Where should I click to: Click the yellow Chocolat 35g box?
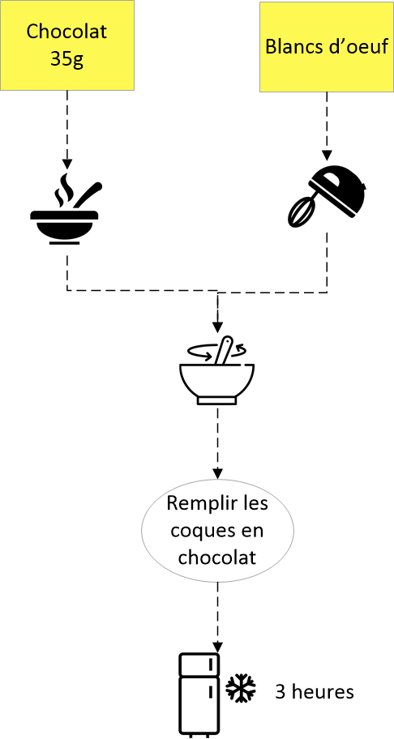pos(67,45)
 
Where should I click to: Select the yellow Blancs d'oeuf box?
pos(327,45)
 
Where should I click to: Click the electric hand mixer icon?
pos(327,194)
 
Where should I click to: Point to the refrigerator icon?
pos(199,694)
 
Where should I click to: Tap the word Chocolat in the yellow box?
pos(67,33)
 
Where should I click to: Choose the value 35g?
pos(67,60)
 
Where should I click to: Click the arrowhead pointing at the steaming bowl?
pos(67,164)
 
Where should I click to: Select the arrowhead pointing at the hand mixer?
pos(327,156)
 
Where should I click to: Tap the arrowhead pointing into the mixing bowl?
pos(216,327)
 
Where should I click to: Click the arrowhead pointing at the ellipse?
pos(216,472)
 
